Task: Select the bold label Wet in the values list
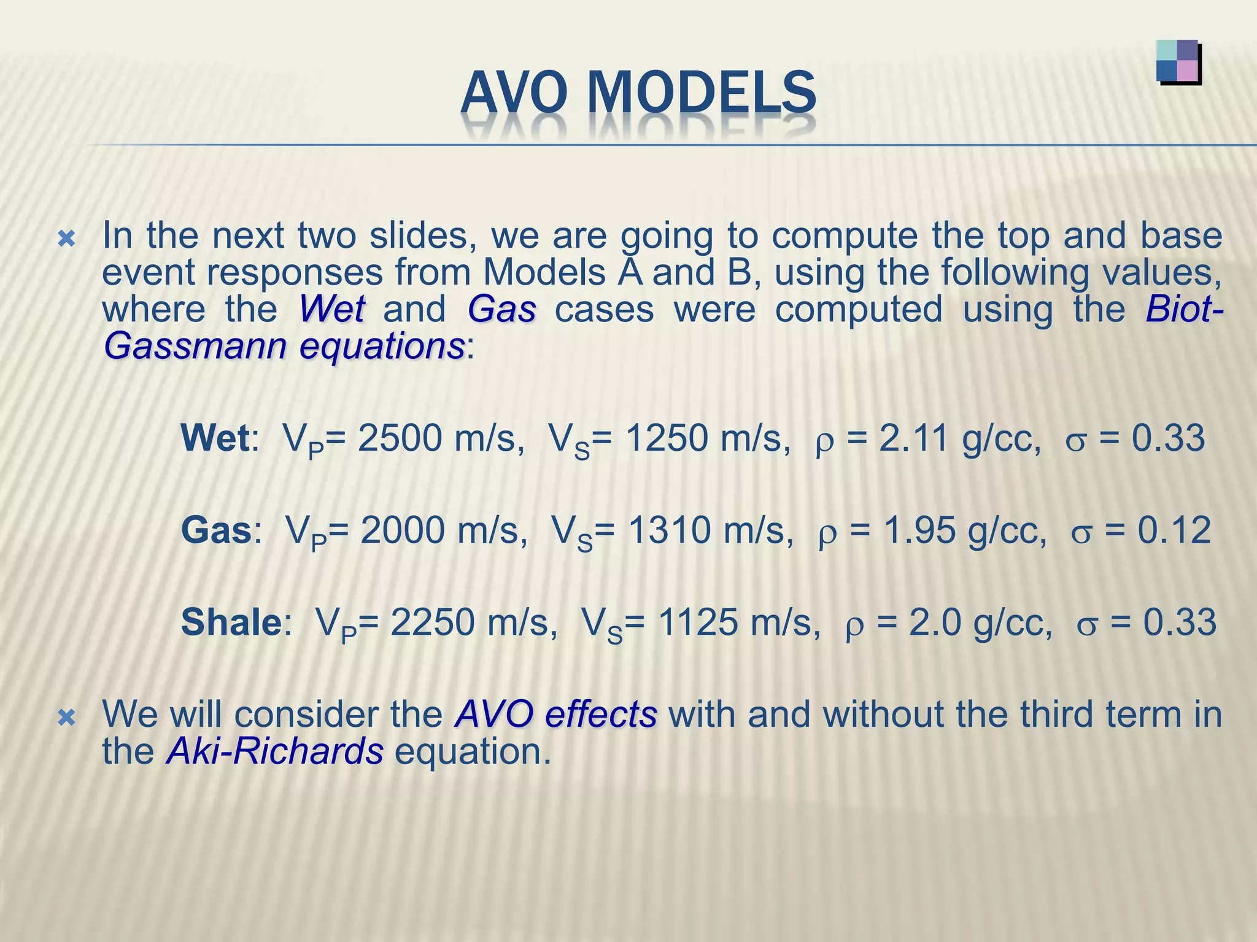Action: (215, 438)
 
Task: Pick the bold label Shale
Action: (231, 622)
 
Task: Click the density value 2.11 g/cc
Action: (959, 438)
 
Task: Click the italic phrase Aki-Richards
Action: (274, 752)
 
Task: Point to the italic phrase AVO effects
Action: (555, 714)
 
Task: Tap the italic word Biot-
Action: (1183, 309)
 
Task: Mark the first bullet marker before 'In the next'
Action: (66, 239)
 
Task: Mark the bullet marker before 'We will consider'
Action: (66, 717)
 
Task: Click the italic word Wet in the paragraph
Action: (331, 309)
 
